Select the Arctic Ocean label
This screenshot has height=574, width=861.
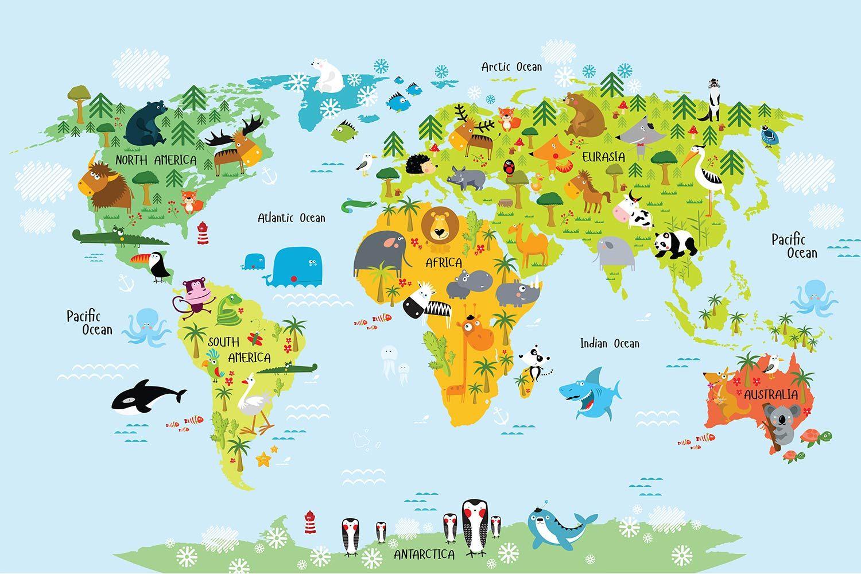coord(511,67)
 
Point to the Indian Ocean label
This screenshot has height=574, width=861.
coord(610,343)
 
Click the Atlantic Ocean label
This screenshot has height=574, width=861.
coord(291,218)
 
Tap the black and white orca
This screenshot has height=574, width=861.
coord(146,397)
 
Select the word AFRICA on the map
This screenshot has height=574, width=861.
coord(443,263)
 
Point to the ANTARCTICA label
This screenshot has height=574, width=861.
coord(424,554)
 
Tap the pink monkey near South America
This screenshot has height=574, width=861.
coord(196,295)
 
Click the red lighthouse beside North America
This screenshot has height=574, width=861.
coord(202,233)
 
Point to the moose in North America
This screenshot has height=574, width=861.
coord(235,146)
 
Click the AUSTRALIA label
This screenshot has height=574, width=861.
coord(770,395)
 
